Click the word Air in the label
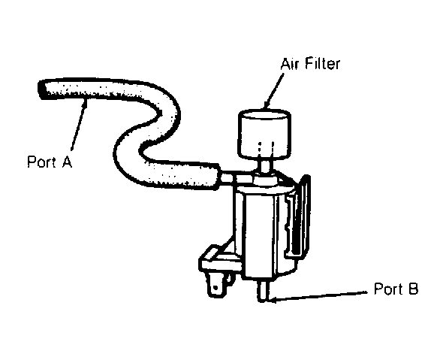coord(290,64)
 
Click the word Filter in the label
coord(322,64)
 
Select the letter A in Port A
coord(67,162)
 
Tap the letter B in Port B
coord(412,289)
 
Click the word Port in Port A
coord(41,162)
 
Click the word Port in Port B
coord(388,289)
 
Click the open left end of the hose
coord(42,89)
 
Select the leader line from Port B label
coord(318,295)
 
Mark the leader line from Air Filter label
coord(273,91)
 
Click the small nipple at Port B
coord(262,291)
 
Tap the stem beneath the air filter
coord(265,166)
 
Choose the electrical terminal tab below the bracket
coord(216,285)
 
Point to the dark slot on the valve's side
coord(296,228)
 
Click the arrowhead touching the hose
coord(85,103)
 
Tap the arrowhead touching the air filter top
coord(267,104)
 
